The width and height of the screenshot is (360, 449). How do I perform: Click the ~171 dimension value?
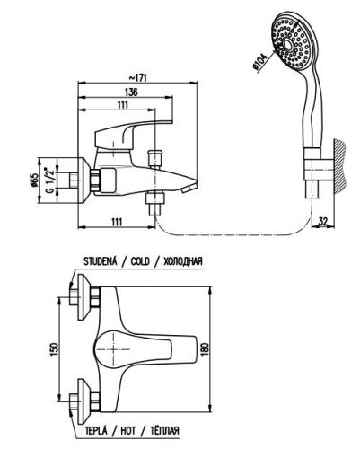(138, 77)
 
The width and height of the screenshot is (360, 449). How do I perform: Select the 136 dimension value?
(131, 92)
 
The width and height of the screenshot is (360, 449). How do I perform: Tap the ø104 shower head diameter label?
(259, 63)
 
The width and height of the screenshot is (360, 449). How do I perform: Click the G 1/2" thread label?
(49, 180)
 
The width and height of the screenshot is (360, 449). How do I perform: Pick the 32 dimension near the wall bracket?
(323, 222)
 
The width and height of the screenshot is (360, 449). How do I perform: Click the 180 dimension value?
(206, 348)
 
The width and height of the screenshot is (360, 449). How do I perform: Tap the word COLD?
(140, 261)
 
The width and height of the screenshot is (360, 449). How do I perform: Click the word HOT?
(128, 431)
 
